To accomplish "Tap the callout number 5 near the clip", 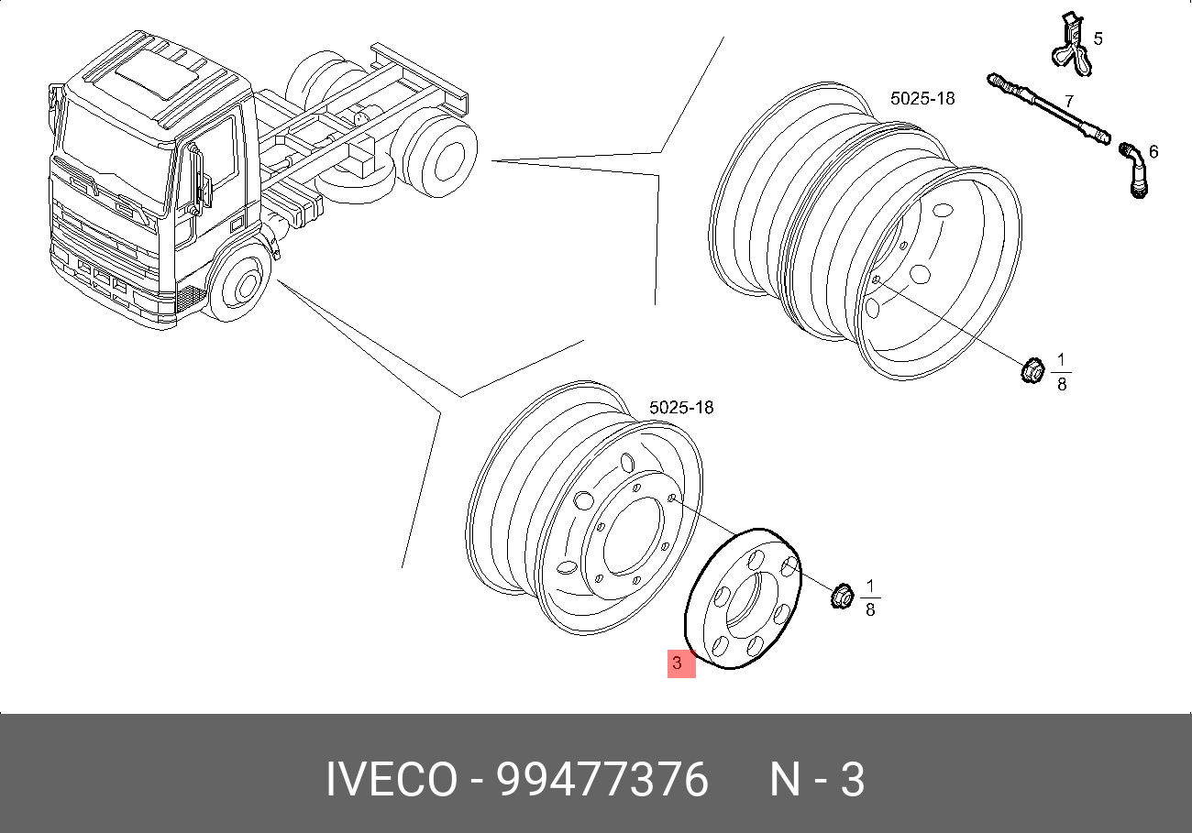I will pyautogui.click(x=1098, y=38).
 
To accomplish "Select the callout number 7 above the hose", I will pyautogui.click(x=1068, y=100).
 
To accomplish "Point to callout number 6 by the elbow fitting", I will pyautogui.click(x=1153, y=151).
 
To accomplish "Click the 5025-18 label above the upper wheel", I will pyautogui.click(x=922, y=98).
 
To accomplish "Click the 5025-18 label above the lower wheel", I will pyautogui.click(x=680, y=408).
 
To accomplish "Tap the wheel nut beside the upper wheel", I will pyautogui.click(x=1031, y=371).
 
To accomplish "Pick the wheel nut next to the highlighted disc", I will pyautogui.click(x=840, y=596).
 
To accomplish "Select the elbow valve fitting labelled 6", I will pyautogui.click(x=1134, y=170).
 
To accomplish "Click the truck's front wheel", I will pyautogui.click(x=241, y=286).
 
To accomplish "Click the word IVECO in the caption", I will pyautogui.click(x=392, y=781).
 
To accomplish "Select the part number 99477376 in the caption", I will pyautogui.click(x=602, y=781).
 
